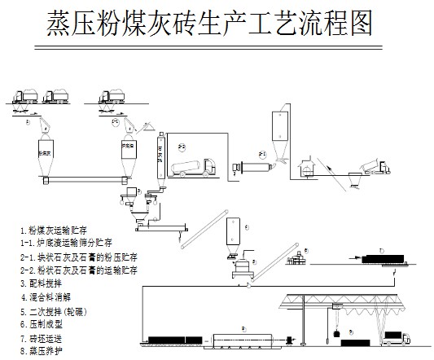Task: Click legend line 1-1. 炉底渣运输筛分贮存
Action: click(x=70, y=243)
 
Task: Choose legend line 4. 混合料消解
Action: click(x=50, y=296)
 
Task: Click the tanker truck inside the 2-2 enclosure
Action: click(x=194, y=167)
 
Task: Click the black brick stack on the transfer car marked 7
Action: click(x=390, y=260)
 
